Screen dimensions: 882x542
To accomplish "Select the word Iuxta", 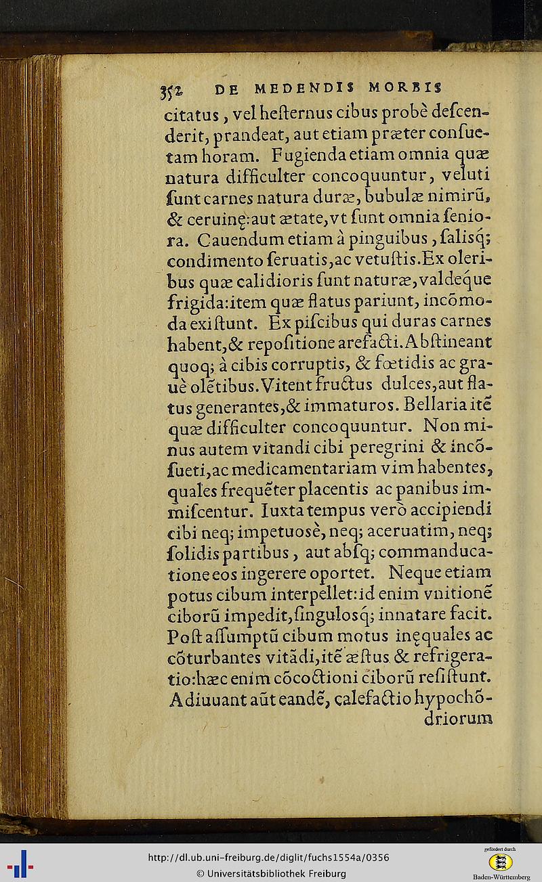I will point(304,508).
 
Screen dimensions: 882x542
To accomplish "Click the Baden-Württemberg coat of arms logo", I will point(501,862).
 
